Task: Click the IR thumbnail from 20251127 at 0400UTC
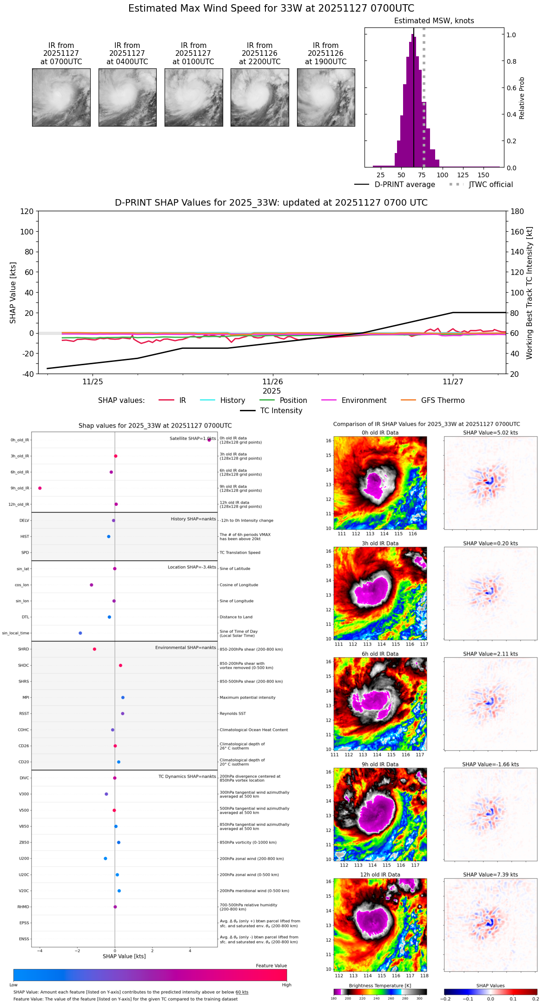(x=127, y=97)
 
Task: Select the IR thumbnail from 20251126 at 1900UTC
(x=326, y=97)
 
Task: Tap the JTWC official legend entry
(x=490, y=185)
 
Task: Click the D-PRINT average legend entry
(x=404, y=185)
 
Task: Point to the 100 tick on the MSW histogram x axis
(x=443, y=175)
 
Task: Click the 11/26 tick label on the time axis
(x=272, y=382)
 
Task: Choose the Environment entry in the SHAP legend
(x=364, y=401)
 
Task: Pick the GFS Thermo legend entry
(x=443, y=401)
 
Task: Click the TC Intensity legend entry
(x=281, y=411)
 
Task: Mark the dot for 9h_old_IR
(x=40, y=488)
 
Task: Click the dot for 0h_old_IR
(x=209, y=440)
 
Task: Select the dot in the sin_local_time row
(x=80, y=633)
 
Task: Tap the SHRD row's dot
(x=94, y=649)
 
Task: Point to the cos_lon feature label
(x=22, y=585)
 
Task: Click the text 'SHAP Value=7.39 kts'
(x=490, y=875)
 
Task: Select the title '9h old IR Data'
(x=380, y=764)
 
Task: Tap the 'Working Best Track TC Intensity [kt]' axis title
(x=530, y=293)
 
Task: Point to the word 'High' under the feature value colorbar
(x=286, y=985)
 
